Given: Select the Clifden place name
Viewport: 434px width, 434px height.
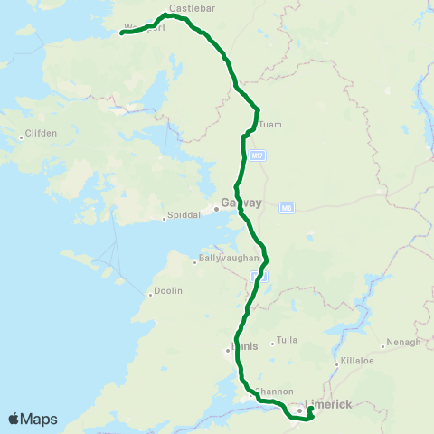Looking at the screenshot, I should click(x=42, y=133).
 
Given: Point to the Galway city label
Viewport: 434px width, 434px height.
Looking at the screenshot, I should click(x=241, y=203).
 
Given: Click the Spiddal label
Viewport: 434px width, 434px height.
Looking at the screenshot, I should click(x=181, y=217).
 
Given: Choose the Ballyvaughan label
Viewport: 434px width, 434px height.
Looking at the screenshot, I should click(x=229, y=259).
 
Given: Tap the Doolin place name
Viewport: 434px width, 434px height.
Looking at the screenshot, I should click(x=168, y=290).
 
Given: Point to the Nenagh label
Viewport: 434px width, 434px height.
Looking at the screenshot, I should click(x=403, y=342).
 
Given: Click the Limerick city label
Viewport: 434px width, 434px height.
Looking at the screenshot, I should click(x=329, y=404).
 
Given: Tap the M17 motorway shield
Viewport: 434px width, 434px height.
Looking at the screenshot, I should click(x=259, y=156).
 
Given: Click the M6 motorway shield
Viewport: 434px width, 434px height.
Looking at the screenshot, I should click(x=287, y=207).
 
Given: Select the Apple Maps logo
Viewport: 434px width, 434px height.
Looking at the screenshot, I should click(x=33, y=419).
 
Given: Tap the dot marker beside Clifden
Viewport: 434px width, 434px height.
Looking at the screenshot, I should click(x=21, y=137).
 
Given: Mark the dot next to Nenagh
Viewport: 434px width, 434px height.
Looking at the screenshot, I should click(x=382, y=346).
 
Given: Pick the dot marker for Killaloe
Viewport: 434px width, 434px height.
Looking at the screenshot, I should click(x=335, y=365).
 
